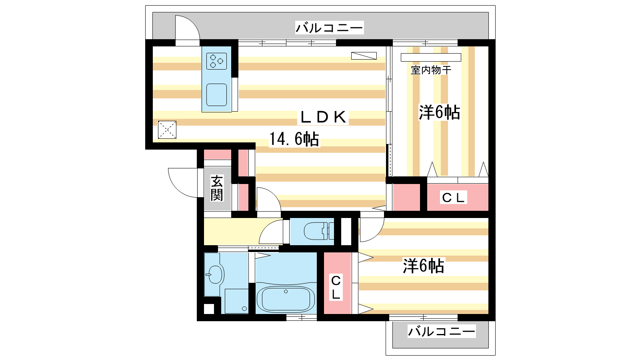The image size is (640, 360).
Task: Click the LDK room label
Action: (x=323, y=117)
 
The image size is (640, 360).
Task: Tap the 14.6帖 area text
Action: (x=294, y=139)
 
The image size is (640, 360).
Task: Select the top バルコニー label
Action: (x=329, y=28)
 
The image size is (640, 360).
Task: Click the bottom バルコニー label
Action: (x=442, y=332)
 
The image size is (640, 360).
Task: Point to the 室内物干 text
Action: (x=431, y=70)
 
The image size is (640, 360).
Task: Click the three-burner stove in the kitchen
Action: (x=216, y=61)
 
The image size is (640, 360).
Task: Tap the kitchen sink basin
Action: (x=216, y=94)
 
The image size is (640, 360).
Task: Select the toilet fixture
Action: (x=318, y=231)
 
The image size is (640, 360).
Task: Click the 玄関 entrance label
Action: (x=217, y=188)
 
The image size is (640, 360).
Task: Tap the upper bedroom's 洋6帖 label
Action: (x=440, y=112)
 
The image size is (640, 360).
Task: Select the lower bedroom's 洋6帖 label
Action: (x=424, y=266)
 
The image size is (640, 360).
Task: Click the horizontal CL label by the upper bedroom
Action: (x=453, y=198)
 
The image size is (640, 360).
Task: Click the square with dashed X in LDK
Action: (x=167, y=130)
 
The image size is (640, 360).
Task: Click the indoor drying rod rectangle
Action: (x=431, y=58)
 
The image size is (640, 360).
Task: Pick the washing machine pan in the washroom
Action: (x=236, y=301)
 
